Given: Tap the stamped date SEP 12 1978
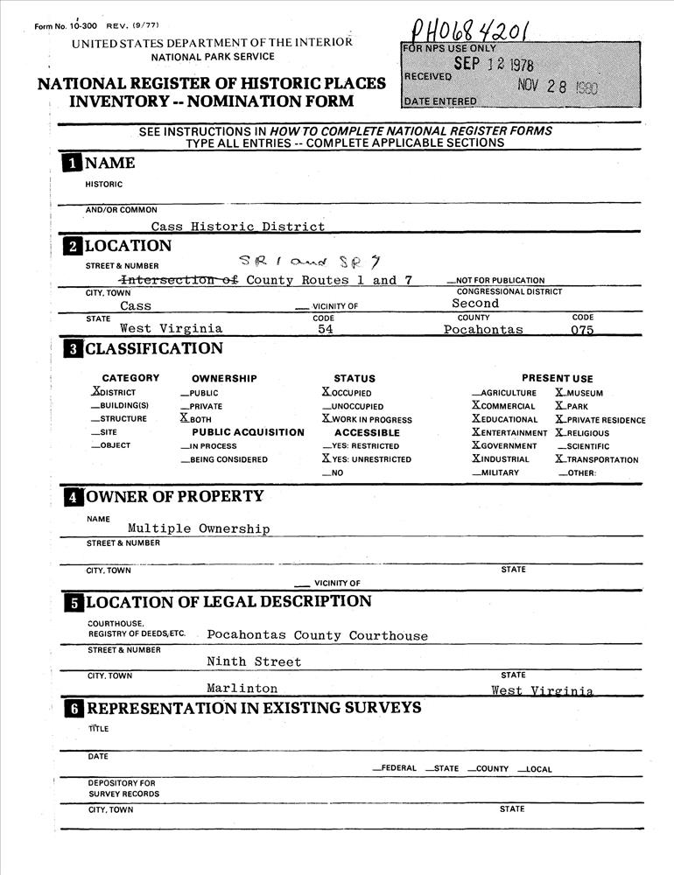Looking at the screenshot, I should [x=493, y=64].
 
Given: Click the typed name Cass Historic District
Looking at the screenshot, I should [x=237, y=226].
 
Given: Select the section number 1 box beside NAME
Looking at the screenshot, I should [x=71, y=164].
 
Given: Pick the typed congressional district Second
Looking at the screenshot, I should [x=476, y=304].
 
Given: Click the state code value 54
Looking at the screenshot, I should [x=326, y=330].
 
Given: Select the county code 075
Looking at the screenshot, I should [x=582, y=330].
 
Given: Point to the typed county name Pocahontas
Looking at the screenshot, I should [x=483, y=330].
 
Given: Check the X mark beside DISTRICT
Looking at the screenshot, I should [x=96, y=392].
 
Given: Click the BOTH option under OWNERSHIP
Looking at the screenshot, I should [x=196, y=419].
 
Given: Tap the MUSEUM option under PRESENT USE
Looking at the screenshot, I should [x=579, y=393].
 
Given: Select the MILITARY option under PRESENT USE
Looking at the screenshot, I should [x=495, y=472].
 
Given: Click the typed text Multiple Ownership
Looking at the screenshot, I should [x=199, y=528].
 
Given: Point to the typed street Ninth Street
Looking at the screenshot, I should [x=254, y=661].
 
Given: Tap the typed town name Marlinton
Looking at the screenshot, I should [x=242, y=689].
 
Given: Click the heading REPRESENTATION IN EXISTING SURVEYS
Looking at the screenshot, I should [x=254, y=708].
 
